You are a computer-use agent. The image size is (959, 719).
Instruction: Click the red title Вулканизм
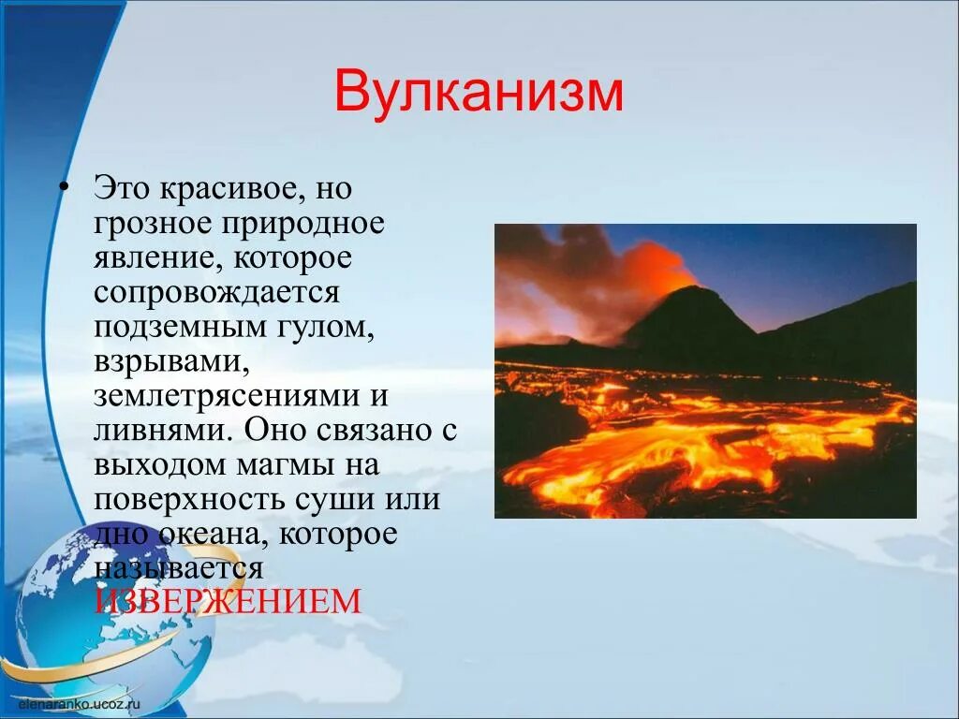click(479, 92)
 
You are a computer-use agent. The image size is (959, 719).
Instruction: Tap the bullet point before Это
click(64, 188)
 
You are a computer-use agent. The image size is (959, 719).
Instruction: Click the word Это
click(120, 189)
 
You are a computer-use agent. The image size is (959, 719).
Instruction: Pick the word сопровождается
click(215, 292)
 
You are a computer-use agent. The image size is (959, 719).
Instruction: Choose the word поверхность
click(187, 498)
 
